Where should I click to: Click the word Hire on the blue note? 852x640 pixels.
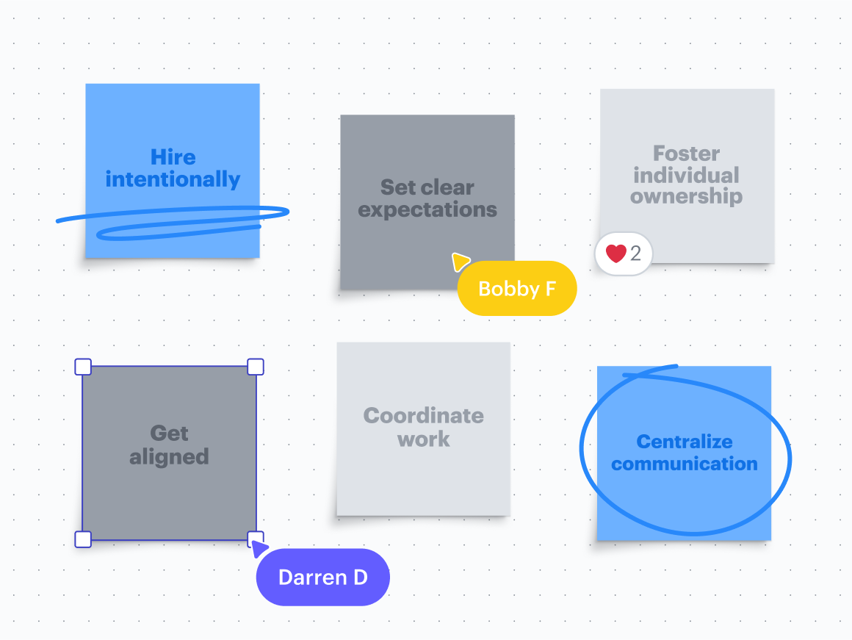click(x=173, y=157)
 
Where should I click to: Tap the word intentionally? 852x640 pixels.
click(x=173, y=179)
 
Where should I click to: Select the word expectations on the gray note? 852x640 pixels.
click(x=427, y=210)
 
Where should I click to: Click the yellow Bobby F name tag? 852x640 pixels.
click(x=517, y=289)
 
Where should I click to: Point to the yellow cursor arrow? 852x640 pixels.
click(x=460, y=262)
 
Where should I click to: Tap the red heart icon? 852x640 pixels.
click(x=615, y=254)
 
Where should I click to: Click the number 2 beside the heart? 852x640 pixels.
click(x=636, y=254)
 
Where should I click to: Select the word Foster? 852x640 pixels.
click(x=687, y=154)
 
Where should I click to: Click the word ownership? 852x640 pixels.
click(x=687, y=197)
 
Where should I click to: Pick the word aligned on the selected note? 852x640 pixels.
click(x=169, y=457)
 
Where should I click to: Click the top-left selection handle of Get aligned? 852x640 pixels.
click(x=83, y=366)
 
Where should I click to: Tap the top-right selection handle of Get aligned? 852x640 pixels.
click(x=255, y=366)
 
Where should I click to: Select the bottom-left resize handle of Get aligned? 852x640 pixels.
click(x=83, y=539)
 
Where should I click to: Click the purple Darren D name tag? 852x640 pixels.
click(x=322, y=578)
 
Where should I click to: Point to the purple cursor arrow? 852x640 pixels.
click(x=258, y=548)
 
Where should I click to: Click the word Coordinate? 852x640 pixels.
click(x=424, y=416)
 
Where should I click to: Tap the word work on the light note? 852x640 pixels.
click(x=424, y=439)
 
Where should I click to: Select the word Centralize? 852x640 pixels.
click(x=685, y=442)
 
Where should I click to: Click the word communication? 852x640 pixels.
click(x=685, y=464)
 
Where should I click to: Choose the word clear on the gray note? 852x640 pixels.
click(x=448, y=187)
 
